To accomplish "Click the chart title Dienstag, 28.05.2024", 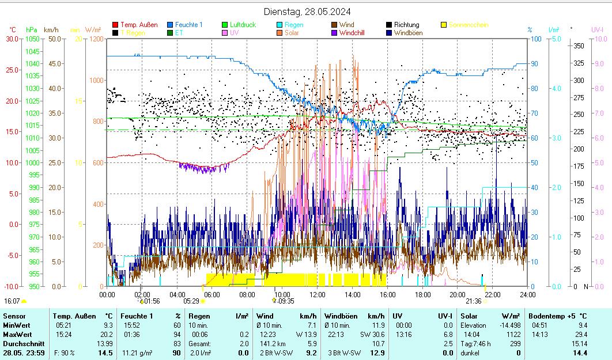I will tap(307, 12).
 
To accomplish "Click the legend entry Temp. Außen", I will tap(139, 25).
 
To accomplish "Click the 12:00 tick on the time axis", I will tap(318, 295).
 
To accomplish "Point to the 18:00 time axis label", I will tap(423, 295).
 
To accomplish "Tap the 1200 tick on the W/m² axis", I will tap(96, 39).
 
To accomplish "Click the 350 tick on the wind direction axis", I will tap(579, 46).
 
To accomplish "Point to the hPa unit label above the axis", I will tap(32, 29).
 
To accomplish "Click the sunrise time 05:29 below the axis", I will tap(191, 301).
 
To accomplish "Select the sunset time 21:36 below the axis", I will tap(473, 301).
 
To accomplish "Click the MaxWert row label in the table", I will tap(17, 334).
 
